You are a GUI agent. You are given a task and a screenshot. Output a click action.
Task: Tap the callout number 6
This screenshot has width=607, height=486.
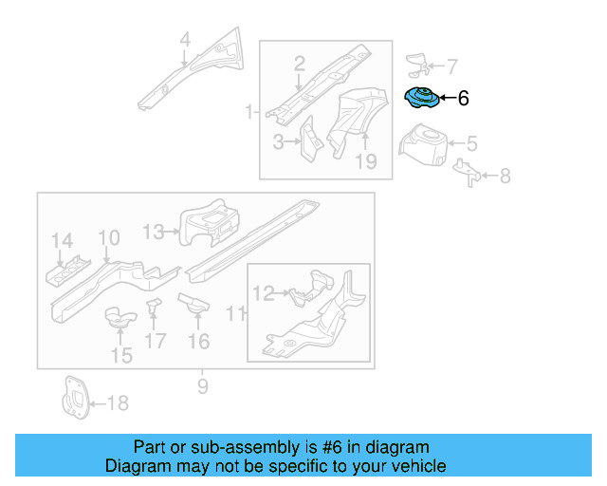[x=463, y=98]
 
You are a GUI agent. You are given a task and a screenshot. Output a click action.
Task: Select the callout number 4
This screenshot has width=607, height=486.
[x=185, y=40]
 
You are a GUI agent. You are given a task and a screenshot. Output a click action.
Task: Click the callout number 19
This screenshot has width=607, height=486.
[x=366, y=161]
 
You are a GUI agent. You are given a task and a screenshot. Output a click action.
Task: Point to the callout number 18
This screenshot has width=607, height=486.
[x=118, y=403]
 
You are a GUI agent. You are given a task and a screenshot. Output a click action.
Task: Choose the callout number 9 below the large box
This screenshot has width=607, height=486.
[x=202, y=385]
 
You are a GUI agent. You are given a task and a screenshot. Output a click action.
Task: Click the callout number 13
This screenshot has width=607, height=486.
[x=153, y=230]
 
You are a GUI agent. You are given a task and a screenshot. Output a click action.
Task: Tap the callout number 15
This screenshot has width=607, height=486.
[x=121, y=356]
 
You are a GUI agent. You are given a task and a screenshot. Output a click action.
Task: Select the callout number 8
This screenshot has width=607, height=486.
[x=505, y=175]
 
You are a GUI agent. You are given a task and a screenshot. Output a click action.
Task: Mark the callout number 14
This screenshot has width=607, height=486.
[x=62, y=240]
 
